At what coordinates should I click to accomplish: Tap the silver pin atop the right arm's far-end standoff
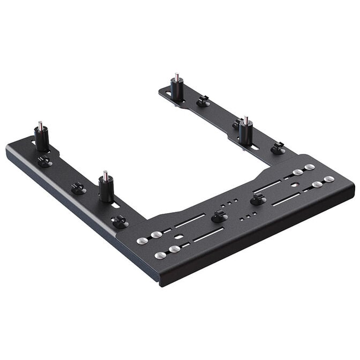175,76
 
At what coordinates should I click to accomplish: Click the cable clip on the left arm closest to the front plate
119,221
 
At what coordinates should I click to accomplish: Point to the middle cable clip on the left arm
78,188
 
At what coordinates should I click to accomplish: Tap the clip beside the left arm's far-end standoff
44,161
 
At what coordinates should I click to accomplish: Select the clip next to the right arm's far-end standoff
202,100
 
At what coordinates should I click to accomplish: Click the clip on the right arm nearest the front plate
277,148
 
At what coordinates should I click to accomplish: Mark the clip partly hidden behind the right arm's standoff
236,124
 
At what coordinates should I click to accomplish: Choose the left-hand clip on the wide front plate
218,216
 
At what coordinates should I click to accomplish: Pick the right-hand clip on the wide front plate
258,199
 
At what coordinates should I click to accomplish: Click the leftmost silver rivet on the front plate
142,241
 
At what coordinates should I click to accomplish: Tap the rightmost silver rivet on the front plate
329,179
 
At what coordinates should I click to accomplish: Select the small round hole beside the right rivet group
295,183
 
